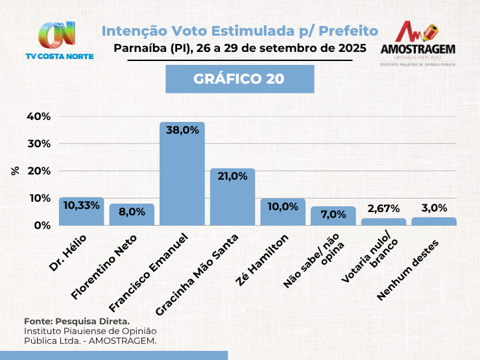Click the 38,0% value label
point(182,130)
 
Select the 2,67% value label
point(383,208)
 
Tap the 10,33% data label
point(81,206)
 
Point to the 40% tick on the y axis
point(38,116)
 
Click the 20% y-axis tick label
point(38,171)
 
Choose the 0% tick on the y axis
point(42,225)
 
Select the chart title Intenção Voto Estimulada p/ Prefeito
point(240,30)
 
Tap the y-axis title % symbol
point(15,171)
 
